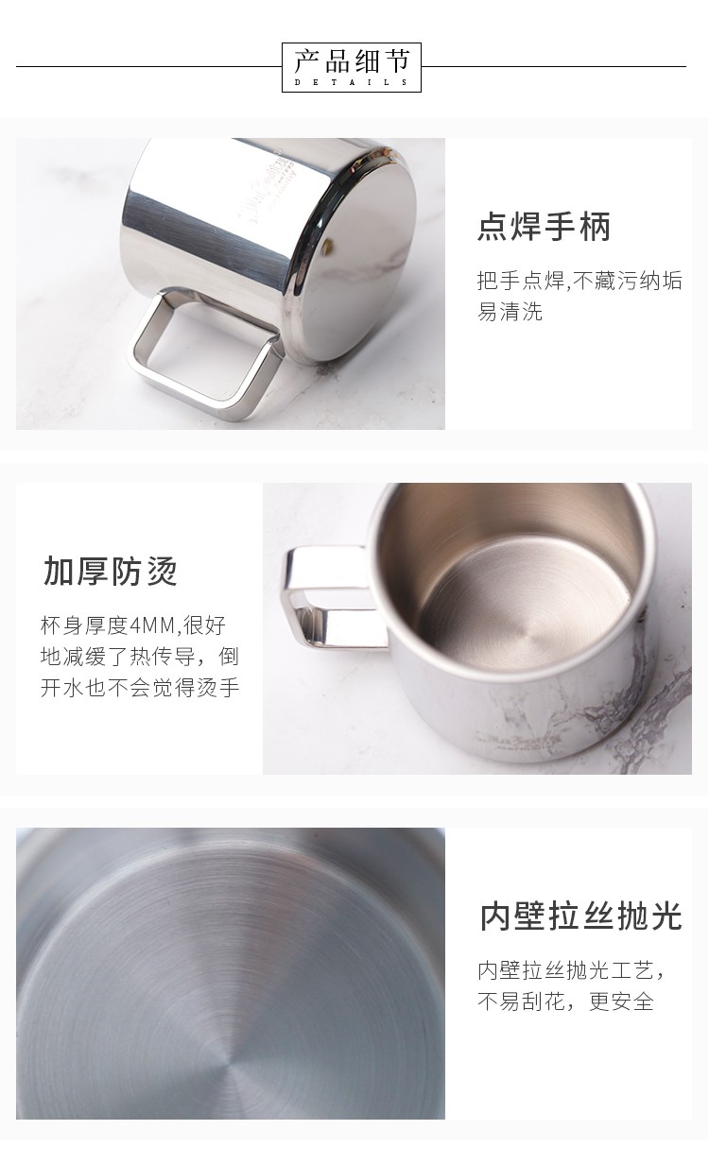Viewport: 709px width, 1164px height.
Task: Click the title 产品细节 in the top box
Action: tap(352, 61)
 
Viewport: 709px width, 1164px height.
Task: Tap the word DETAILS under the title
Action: tap(352, 82)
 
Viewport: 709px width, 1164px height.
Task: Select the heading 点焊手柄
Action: tap(544, 227)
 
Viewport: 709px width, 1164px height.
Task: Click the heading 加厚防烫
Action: tap(111, 571)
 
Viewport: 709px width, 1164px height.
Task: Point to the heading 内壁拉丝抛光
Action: tap(580, 916)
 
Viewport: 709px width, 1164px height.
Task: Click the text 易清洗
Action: tap(510, 312)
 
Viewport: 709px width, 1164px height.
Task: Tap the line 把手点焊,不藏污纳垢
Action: tap(579, 281)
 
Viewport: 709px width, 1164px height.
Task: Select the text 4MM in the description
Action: tap(152, 625)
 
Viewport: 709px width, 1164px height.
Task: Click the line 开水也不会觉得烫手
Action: tap(140, 688)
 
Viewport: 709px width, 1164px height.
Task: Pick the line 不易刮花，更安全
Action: tap(565, 1001)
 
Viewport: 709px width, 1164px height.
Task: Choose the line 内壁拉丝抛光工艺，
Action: tap(571, 970)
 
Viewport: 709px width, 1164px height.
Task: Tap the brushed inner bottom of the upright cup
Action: tap(525, 608)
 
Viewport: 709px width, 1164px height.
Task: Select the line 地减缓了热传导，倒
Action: tap(140, 657)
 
